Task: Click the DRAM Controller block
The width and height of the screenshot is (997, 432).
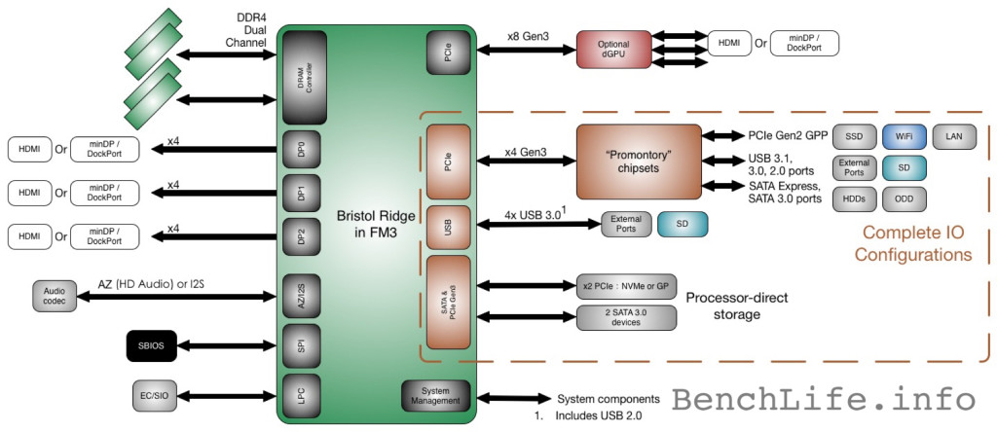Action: point(304,78)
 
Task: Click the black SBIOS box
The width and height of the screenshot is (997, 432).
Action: point(151,346)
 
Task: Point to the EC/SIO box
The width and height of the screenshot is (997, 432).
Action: point(153,395)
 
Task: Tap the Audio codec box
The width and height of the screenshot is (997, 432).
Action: point(55,296)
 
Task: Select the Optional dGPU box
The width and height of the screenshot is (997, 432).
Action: point(613,49)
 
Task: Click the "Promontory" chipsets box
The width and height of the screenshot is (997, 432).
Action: point(638,162)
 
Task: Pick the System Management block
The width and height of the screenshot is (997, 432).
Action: point(436,396)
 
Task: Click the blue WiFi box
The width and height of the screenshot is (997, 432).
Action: point(903,136)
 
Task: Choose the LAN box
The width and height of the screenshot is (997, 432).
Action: point(954,136)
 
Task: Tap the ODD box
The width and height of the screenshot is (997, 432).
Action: point(904,198)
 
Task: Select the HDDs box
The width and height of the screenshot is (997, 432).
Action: point(854,198)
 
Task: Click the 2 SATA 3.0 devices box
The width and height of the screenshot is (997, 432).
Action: point(626,317)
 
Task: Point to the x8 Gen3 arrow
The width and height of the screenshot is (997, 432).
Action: point(527,49)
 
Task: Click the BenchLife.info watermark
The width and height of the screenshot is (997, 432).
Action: point(824,400)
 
